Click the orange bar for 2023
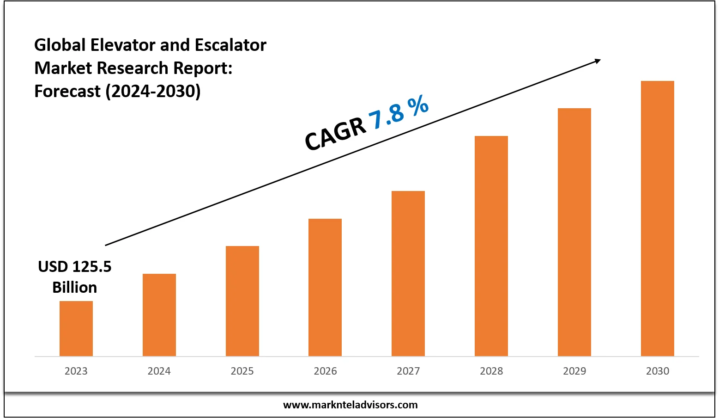(x=76, y=328)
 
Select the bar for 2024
(x=159, y=314)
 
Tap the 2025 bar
(x=242, y=301)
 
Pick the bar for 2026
(x=325, y=287)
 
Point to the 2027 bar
(x=408, y=273)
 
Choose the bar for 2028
(x=491, y=246)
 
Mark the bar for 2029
(x=574, y=232)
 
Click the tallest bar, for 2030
(x=658, y=218)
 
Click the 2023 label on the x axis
(x=76, y=371)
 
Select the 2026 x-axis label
(x=325, y=371)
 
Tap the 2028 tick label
(x=491, y=371)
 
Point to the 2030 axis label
(x=658, y=371)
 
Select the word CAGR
(x=335, y=134)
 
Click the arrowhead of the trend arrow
(x=597, y=61)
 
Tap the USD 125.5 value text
(x=75, y=267)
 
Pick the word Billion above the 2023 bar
(x=75, y=287)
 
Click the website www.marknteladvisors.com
(x=350, y=405)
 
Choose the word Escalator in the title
(x=230, y=45)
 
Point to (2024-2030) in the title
(x=153, y=91)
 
